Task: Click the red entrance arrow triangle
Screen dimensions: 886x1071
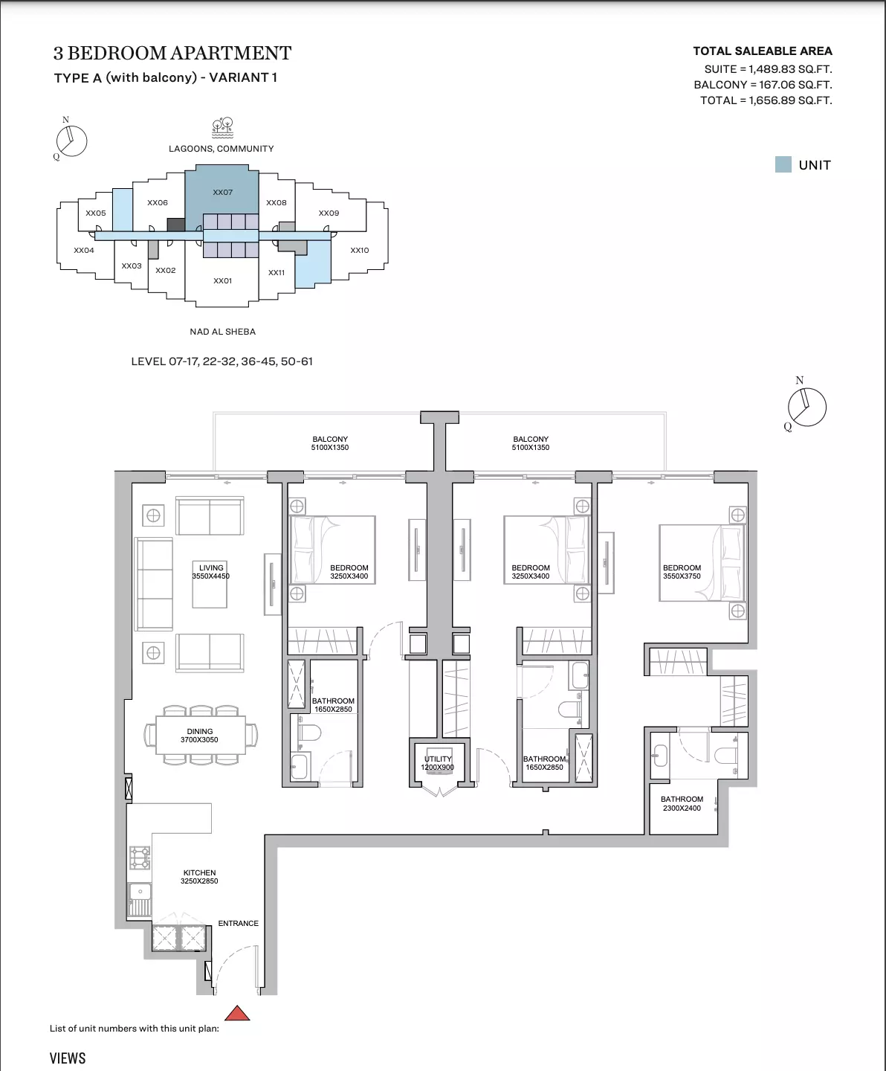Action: tap(237, 1014)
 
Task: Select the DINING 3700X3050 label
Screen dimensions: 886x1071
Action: tap(199, 736)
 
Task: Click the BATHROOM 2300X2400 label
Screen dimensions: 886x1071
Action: tap(682, 804)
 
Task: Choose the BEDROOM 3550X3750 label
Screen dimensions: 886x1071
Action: tap(682, 572)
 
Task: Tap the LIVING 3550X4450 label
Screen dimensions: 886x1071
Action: tap(211, 572)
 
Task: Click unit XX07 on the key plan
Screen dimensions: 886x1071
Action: tap(222, 193)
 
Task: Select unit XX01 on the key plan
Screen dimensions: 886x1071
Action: tap(222, 281)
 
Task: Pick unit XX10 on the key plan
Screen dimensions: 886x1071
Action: tap(360, 251)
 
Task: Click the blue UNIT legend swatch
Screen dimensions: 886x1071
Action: tap(783, 164)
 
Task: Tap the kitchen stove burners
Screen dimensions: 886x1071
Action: tap(140, 857)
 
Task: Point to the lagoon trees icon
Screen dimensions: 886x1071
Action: tap(222, 128)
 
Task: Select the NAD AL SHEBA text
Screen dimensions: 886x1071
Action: tap(222, 332)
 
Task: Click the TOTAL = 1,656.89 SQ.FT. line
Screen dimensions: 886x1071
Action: tap(766, 100)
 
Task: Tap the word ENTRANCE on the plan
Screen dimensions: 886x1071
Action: tap(238, 923)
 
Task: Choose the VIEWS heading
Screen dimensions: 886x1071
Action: tap(68, 1058)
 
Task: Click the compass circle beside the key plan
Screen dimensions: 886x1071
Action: tap(72, 141)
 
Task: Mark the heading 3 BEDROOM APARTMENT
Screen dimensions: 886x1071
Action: tap(172, 54)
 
